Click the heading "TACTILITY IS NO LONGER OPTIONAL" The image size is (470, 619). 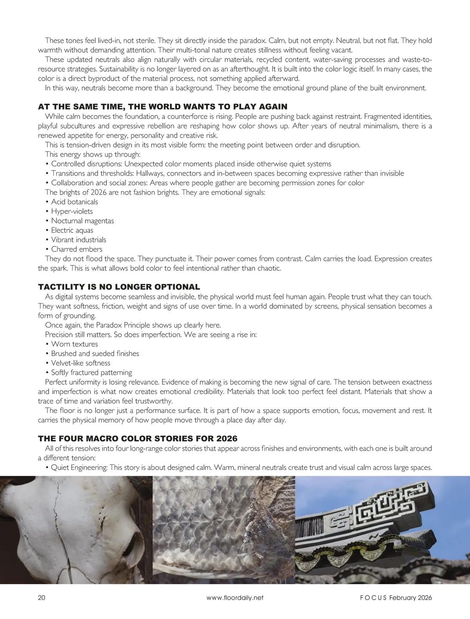pos(119,287)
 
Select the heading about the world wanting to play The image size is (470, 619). pos(163,107)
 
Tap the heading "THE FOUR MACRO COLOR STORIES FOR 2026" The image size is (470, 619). pos(137,439)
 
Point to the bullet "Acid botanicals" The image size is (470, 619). pos(74,202)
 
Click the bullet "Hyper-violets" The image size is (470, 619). pos(72,211)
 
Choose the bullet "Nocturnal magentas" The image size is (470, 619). pos(82,221)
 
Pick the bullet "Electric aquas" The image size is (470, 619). pos(72,230)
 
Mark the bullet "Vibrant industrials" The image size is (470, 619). pos(78,240)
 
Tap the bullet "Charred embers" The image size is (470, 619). pos(76,249)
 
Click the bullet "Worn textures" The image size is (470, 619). pos(74,344)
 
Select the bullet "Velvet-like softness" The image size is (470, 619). pos(81,363)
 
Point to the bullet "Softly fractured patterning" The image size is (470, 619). pos(91,372)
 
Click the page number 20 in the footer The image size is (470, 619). pos(42,597)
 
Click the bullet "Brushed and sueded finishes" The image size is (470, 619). pos(95,354)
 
